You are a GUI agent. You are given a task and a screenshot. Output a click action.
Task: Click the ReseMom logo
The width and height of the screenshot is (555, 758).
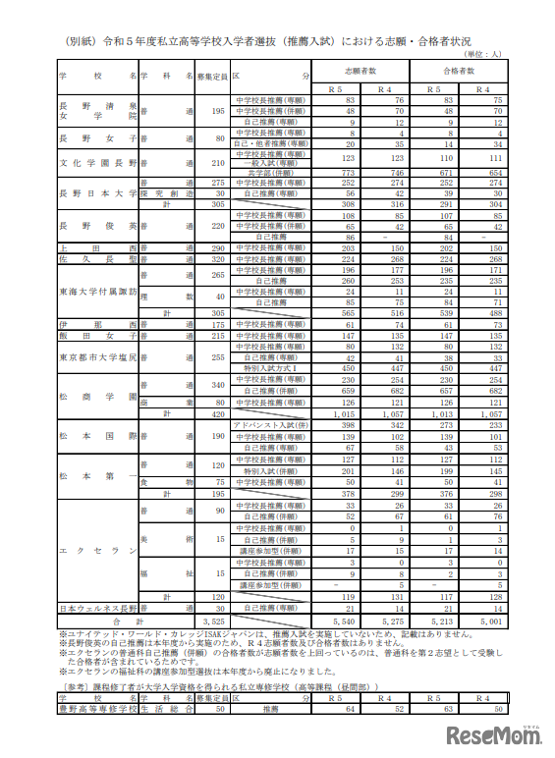495,736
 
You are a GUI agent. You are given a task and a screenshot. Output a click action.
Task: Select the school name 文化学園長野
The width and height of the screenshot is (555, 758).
97,163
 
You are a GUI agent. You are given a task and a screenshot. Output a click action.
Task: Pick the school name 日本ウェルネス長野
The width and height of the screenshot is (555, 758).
97,609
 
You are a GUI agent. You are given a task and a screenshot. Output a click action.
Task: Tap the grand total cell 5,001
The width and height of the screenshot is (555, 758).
489,622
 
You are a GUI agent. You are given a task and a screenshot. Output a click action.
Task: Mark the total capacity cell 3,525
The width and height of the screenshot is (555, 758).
213,622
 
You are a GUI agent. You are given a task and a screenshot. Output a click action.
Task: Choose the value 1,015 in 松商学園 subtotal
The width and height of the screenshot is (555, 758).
343,415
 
